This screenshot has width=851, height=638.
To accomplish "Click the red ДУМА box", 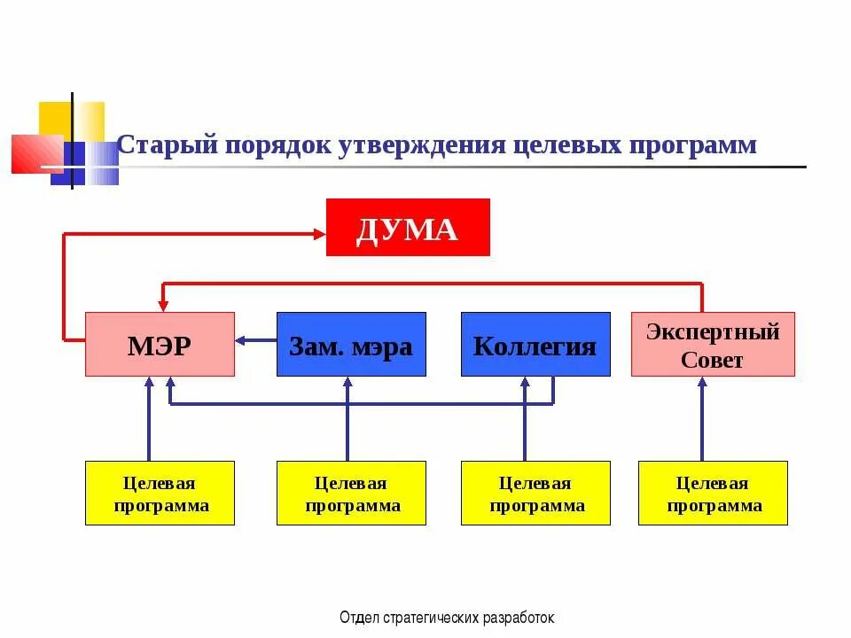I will (x=408, y=228).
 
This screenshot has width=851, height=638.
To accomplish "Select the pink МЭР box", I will (x=160, y=344).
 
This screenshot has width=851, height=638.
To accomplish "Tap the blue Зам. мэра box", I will (x=351, y=344).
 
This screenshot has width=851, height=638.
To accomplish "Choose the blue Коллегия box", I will (x=535, y=344).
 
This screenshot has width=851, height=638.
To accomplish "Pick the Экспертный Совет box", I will (x=713, y=344).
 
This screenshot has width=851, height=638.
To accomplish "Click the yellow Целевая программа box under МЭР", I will (x=160, y=494).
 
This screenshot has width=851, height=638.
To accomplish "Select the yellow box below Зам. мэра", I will (x=351, y=494).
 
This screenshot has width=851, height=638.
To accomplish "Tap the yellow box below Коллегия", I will (x=535, y=494).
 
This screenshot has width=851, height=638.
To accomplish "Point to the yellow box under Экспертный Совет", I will (x=713, y=494).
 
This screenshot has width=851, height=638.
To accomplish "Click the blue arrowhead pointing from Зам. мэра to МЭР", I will (x=241, y=339).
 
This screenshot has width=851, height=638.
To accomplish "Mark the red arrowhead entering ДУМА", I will (x=319, y=233).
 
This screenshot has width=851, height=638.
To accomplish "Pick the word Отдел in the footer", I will (x=356, y=618).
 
